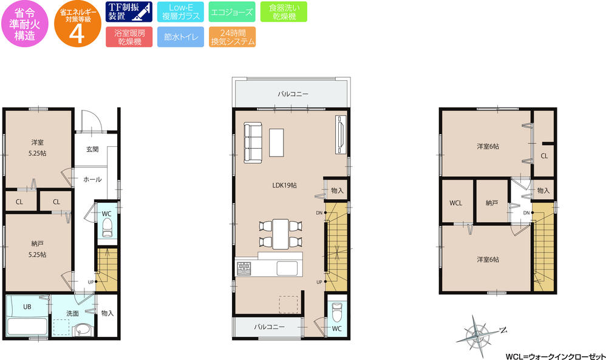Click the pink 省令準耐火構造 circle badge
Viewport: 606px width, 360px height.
(x=23, y=24)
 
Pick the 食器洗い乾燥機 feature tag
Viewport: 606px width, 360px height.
(x=284, y=12)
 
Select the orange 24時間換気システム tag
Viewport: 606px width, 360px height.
(x=231, y=38)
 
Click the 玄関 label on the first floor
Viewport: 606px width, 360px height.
(x=92, y=149)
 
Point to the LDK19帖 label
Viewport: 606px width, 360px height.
(x=284, y=186)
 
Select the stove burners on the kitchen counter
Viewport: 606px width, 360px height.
(x=244, y=267)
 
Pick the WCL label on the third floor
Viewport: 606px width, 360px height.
(x=456, y=203)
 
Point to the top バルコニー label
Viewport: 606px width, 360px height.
(x=293, y=95)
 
